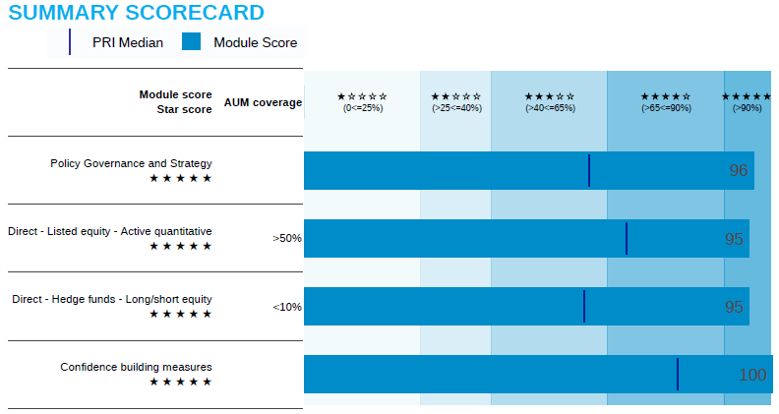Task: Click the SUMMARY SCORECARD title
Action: pos(137,13)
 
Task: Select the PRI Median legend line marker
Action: pos(70,42)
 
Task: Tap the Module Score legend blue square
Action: pos(192,42)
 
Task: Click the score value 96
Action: pos(739,170)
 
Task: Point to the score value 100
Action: pos(752,375)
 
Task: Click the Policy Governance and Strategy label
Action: pos(131,163)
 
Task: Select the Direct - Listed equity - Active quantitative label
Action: pos(110,231)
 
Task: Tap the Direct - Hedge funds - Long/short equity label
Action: pos(112,299)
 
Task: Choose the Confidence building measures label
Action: pos(136,367)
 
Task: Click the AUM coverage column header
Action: pos(263,102)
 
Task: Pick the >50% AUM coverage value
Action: pos(287,238)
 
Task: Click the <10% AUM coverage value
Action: pos(287,307)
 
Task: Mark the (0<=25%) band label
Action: pos(362,108)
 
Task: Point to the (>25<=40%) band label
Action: pos(456,108)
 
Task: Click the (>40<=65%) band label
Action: pos(550,108)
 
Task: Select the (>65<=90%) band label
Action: pos(666,108)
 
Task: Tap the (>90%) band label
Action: pos(748,108)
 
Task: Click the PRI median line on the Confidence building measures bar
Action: pos(678,374)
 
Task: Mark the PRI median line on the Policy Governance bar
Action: pos(589,170)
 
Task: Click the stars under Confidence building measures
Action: pos(180,382)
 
